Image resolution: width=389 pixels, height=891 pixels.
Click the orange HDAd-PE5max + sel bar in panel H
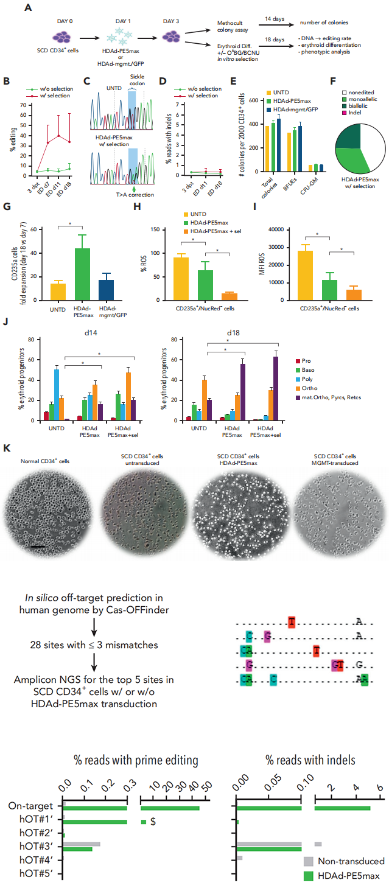point(229,296)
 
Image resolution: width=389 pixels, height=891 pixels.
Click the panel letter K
point(7,431)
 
